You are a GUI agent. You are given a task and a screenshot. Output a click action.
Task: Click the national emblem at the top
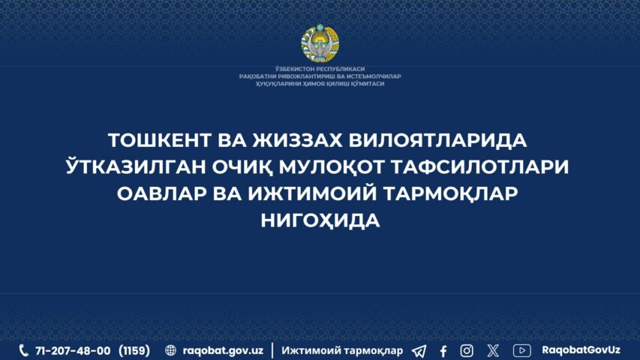(x=320, y=44)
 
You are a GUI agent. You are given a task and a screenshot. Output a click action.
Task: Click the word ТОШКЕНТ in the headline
(x=159, y=140)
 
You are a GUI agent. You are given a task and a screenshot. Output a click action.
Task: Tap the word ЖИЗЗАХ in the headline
(x=297, y=140)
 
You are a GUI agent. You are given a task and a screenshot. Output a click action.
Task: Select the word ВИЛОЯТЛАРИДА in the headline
(x=437, y=140)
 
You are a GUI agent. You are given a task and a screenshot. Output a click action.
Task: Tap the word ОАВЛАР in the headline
(x=161, y=193)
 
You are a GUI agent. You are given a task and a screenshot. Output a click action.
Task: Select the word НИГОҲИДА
(x=320, y=220)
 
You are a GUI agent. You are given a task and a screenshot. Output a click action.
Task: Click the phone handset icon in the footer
(x=24, y=350)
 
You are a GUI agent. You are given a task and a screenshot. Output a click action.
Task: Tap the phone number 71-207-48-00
(x=73, y=350)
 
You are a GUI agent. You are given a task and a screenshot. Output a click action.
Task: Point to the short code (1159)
(x=134, y=350)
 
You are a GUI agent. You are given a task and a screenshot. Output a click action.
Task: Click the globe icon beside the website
(x=170, y=350)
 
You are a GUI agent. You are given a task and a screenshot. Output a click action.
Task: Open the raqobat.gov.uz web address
(x=223, y=350)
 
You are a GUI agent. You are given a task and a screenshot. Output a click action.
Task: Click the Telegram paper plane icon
(x=419, y=350)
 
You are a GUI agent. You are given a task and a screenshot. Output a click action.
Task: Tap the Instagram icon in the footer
(x=467, y=350)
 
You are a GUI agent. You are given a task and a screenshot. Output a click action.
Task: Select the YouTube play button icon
(x=521, y=350)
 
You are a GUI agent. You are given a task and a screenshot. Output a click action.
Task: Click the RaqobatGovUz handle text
(x=581, y=350)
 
